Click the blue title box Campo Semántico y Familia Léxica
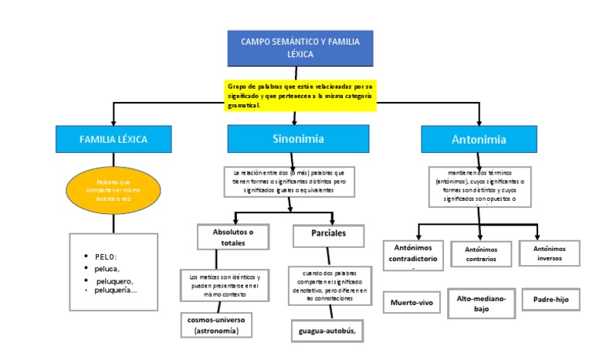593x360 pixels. (300, 48)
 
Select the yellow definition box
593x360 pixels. (300, 95)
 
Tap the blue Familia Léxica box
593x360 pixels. (114, 139)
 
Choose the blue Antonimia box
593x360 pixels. (479, 140)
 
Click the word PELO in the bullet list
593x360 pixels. (106, 256)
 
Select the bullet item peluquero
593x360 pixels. (114, 280)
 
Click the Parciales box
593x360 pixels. (328, 233)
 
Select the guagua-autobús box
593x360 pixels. (327, 331)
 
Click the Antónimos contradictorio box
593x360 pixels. (414, 254)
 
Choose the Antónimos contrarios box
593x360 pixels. (480, 254)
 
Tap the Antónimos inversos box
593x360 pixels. (550, 253)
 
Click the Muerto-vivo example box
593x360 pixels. (412, 303)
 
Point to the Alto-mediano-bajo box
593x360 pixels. (480, 304)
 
